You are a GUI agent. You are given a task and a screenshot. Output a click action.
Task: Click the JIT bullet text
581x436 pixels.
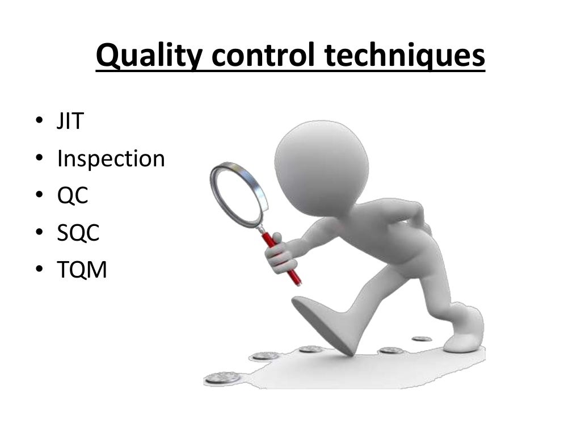(70, 121)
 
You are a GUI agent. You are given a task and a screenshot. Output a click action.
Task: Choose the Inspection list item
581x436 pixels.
(111, 160)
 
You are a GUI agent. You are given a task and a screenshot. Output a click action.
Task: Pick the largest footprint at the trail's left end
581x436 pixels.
(222, 377)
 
